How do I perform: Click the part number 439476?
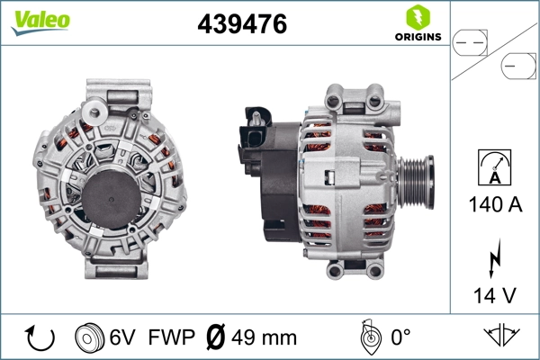pos(242,25)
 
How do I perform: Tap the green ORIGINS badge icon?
pos(417,18)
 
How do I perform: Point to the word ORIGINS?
pos(417,38)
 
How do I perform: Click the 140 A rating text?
pos(495,204)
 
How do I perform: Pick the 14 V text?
pos(495,293)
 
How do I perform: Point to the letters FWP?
pos(171,338)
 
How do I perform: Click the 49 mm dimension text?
pos(265,338)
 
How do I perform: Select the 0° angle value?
pos(401,338)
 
